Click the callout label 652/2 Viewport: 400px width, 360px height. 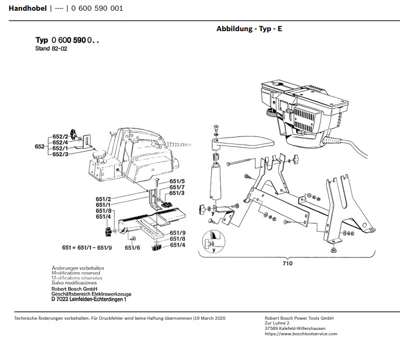(x=60, y=136)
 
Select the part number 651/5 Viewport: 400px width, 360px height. (x=177, y=182)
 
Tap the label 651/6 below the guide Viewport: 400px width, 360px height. (x=132, y=248)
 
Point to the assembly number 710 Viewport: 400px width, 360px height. (x=288, y=263)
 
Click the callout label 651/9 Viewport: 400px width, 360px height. (x=177, y=232)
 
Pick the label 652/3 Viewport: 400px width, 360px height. (x=60, y=154)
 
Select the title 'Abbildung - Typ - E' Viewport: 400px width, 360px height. (x=249, y=28)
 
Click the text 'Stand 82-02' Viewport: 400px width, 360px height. (x=50, y=48)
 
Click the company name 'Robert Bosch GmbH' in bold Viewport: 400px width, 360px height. (x=75, y=289)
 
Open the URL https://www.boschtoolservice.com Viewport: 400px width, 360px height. (x=301, y=334)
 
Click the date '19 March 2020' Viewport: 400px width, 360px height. (x=210, y=319)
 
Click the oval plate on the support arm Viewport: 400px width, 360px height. (x=247, y=143)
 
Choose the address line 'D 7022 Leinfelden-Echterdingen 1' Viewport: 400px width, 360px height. (x=89, y=300)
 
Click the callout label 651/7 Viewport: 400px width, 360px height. (x=177, y=187)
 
